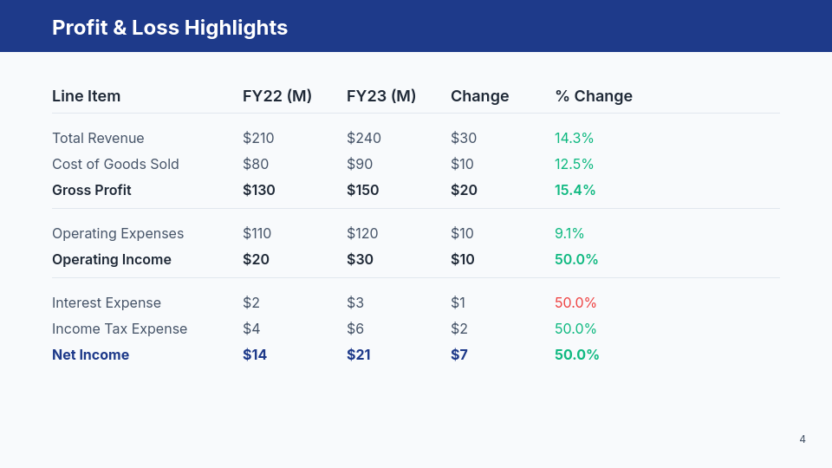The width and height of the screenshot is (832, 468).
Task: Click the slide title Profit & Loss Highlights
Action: point(170,28)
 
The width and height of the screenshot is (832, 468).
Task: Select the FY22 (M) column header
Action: point(276,96)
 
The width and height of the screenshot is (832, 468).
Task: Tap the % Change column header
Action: point(594,96)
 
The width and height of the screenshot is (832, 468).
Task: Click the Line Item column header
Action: point(86,96)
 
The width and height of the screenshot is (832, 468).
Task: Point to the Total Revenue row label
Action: point(98,139)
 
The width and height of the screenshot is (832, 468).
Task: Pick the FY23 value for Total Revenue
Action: point(363,139)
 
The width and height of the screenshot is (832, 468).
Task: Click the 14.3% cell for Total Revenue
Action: point(574,139)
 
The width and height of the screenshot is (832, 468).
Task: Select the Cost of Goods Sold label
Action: point(115,165)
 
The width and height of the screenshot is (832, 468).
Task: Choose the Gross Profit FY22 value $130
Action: point(258,191)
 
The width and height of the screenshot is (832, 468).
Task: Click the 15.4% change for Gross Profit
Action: point(575,191)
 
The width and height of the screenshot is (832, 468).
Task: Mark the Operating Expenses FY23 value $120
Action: point(362,234)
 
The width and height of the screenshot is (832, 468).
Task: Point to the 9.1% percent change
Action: point(569,234)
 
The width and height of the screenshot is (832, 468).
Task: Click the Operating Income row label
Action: point(112,260)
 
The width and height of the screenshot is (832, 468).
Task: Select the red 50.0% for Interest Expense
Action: point(575,303)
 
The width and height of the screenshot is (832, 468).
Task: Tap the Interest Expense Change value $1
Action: point(458,303)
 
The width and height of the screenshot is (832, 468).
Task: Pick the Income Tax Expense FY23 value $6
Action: point(355,329)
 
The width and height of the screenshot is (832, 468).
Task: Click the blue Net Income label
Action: point(90,355)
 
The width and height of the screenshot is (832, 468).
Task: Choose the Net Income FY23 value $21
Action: point(358,355)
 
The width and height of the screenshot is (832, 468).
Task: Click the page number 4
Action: point(803,439)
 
